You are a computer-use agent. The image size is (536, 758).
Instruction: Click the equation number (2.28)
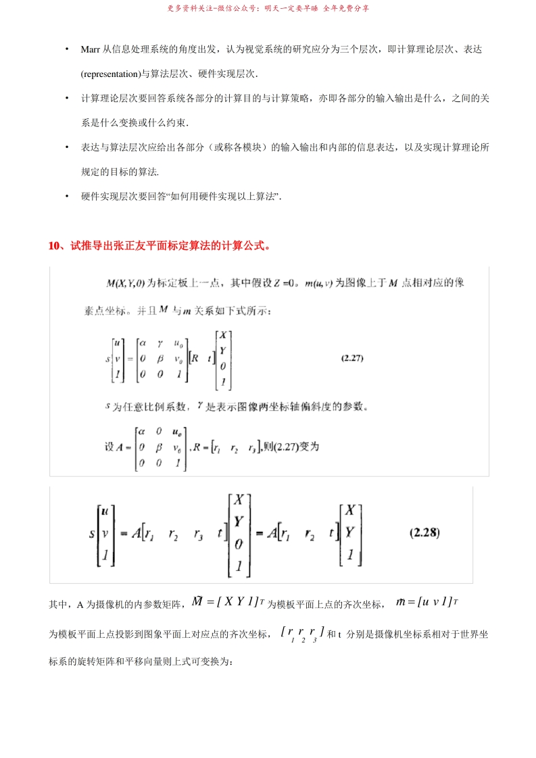425,532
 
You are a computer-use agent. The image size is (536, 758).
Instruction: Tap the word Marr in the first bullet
90,51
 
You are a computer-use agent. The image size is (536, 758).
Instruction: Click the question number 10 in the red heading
55,245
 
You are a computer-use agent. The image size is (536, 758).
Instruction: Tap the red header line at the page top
268,9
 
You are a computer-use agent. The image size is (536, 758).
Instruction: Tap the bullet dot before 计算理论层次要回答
67,99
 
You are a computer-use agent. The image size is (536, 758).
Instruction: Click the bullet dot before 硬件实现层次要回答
67,196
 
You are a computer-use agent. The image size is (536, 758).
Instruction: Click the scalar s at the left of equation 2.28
92,533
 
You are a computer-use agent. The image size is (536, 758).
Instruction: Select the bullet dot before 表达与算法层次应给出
67,147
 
